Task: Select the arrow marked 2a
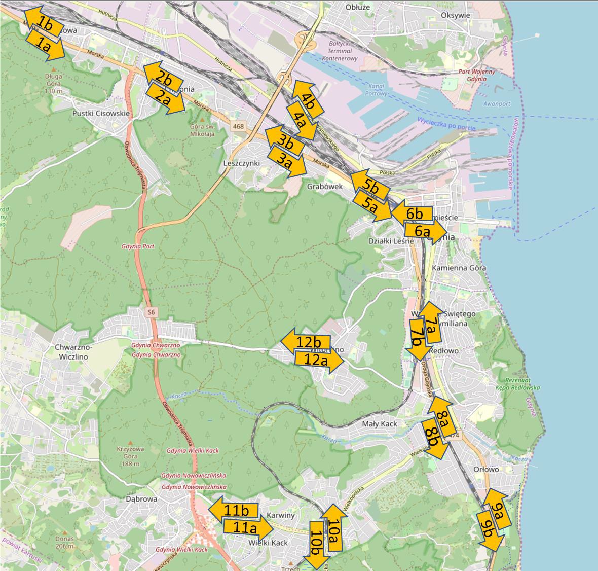tap(165, 99)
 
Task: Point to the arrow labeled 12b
tap(305, 341)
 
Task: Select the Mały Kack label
tap(380, 423)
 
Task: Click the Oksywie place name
tap(456, 15)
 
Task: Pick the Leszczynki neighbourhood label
tap(242, 163)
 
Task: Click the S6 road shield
tap(151, 312)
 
